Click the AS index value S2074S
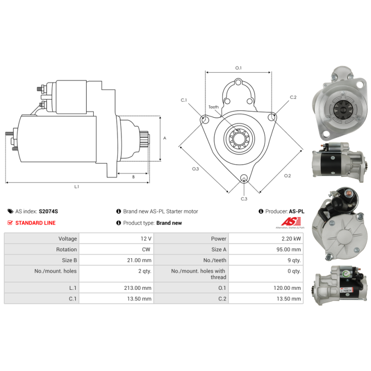48,211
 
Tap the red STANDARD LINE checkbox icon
10,223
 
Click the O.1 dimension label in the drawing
238,68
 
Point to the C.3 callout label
244,199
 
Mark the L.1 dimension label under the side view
77,187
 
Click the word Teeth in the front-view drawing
213,107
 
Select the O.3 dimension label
196,169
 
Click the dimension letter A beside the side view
165,138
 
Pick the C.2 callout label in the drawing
293,97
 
